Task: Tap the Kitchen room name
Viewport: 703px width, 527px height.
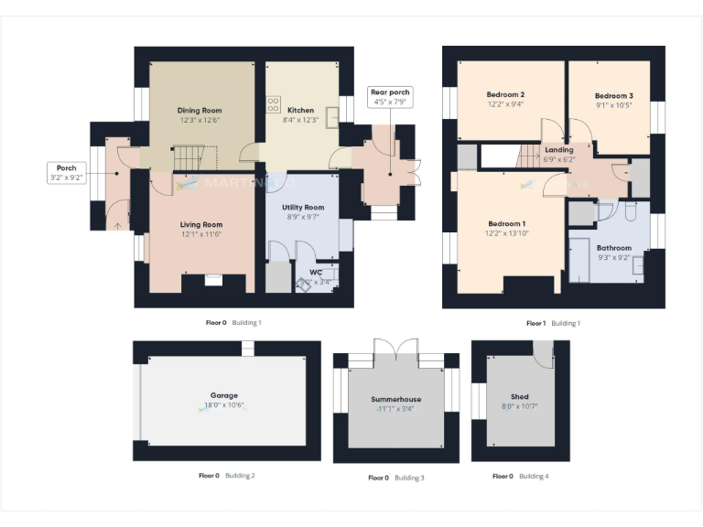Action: (300, 111)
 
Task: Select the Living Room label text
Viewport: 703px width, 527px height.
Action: (200, 224)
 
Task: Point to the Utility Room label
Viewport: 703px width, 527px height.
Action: (303, 208)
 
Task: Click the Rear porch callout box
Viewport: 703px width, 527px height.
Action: (390, 97)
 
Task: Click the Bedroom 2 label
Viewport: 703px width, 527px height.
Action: (505, 95)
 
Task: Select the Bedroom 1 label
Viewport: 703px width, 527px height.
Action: (506, 224)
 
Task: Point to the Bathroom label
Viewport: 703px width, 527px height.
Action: (613, 248)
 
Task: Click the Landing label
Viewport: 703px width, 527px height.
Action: (558, 150)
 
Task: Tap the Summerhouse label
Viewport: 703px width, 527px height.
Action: (395, 400)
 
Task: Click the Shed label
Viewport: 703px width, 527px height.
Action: (520, 397)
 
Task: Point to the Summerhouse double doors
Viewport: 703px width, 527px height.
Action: (395, 352)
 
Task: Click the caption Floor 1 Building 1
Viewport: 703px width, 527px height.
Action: (553, 323)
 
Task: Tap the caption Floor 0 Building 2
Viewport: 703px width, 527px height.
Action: (226, 476)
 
